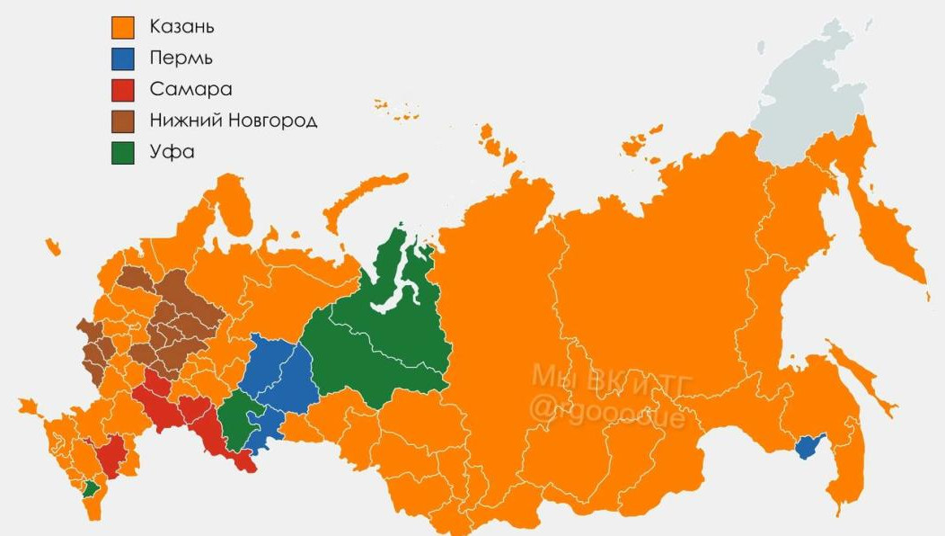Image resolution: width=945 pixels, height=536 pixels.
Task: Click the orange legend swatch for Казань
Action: [x=122, y=28]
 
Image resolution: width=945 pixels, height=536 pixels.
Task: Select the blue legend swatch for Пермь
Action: [x=122, y=59]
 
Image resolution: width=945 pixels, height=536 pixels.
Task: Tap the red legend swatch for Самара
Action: [x=122, y=90]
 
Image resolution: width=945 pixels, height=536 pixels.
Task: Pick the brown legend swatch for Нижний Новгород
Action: [x=122, y=121]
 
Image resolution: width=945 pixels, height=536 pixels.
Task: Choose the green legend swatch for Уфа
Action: [x=122, y=153]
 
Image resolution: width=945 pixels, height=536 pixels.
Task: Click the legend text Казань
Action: [x=181, y=27]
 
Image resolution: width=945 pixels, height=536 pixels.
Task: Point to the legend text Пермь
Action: [x=181, y=58]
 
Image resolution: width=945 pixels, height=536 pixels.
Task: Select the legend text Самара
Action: [x=190, y=89]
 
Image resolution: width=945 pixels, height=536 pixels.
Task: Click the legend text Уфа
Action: [x=171, y=151]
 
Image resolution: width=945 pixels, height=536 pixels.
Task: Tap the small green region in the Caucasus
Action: [x=91, y=488]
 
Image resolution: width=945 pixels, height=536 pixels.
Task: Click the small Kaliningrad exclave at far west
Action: [x=52, y=246]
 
